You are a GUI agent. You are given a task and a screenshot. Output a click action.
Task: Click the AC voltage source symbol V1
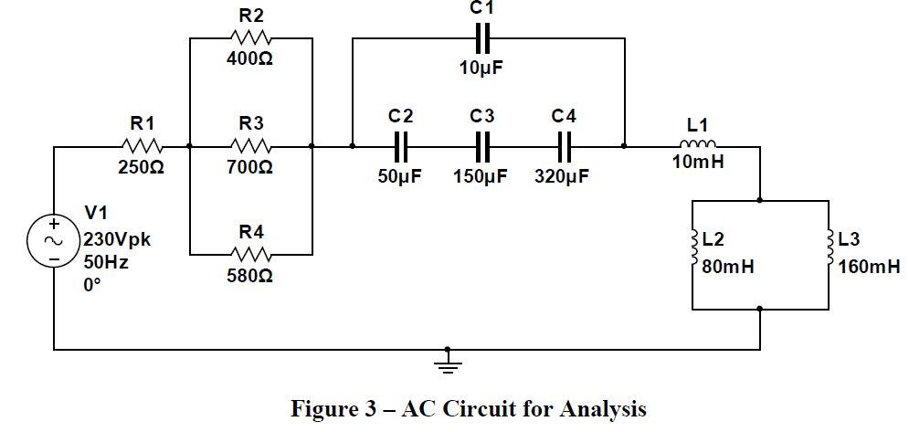(54, 240)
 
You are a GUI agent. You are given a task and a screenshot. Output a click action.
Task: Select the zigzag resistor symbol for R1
(143, 146)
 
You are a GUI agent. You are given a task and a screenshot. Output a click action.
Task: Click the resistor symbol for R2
(251, 38)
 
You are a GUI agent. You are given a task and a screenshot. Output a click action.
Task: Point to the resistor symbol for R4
(251, 253)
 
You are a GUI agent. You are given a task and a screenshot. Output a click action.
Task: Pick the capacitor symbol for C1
(484, 38)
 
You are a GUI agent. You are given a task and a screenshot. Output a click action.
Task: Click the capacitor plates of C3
(483, 145)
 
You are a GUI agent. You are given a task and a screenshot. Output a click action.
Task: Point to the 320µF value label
(562, 175)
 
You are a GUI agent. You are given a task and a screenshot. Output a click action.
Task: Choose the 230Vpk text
(117, 241)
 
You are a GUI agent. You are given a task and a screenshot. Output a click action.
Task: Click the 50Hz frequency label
(106, 262)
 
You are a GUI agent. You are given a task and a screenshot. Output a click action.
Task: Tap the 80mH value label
(728, 268)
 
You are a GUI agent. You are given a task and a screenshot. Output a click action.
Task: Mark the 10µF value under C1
(481, 68)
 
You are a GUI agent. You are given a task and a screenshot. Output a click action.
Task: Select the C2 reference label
(400, 116)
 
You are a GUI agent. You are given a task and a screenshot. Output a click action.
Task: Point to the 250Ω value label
(141, 168)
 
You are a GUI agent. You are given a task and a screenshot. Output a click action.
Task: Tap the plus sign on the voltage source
(54, 224)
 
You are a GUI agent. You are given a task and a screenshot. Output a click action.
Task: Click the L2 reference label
(713, 239)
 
